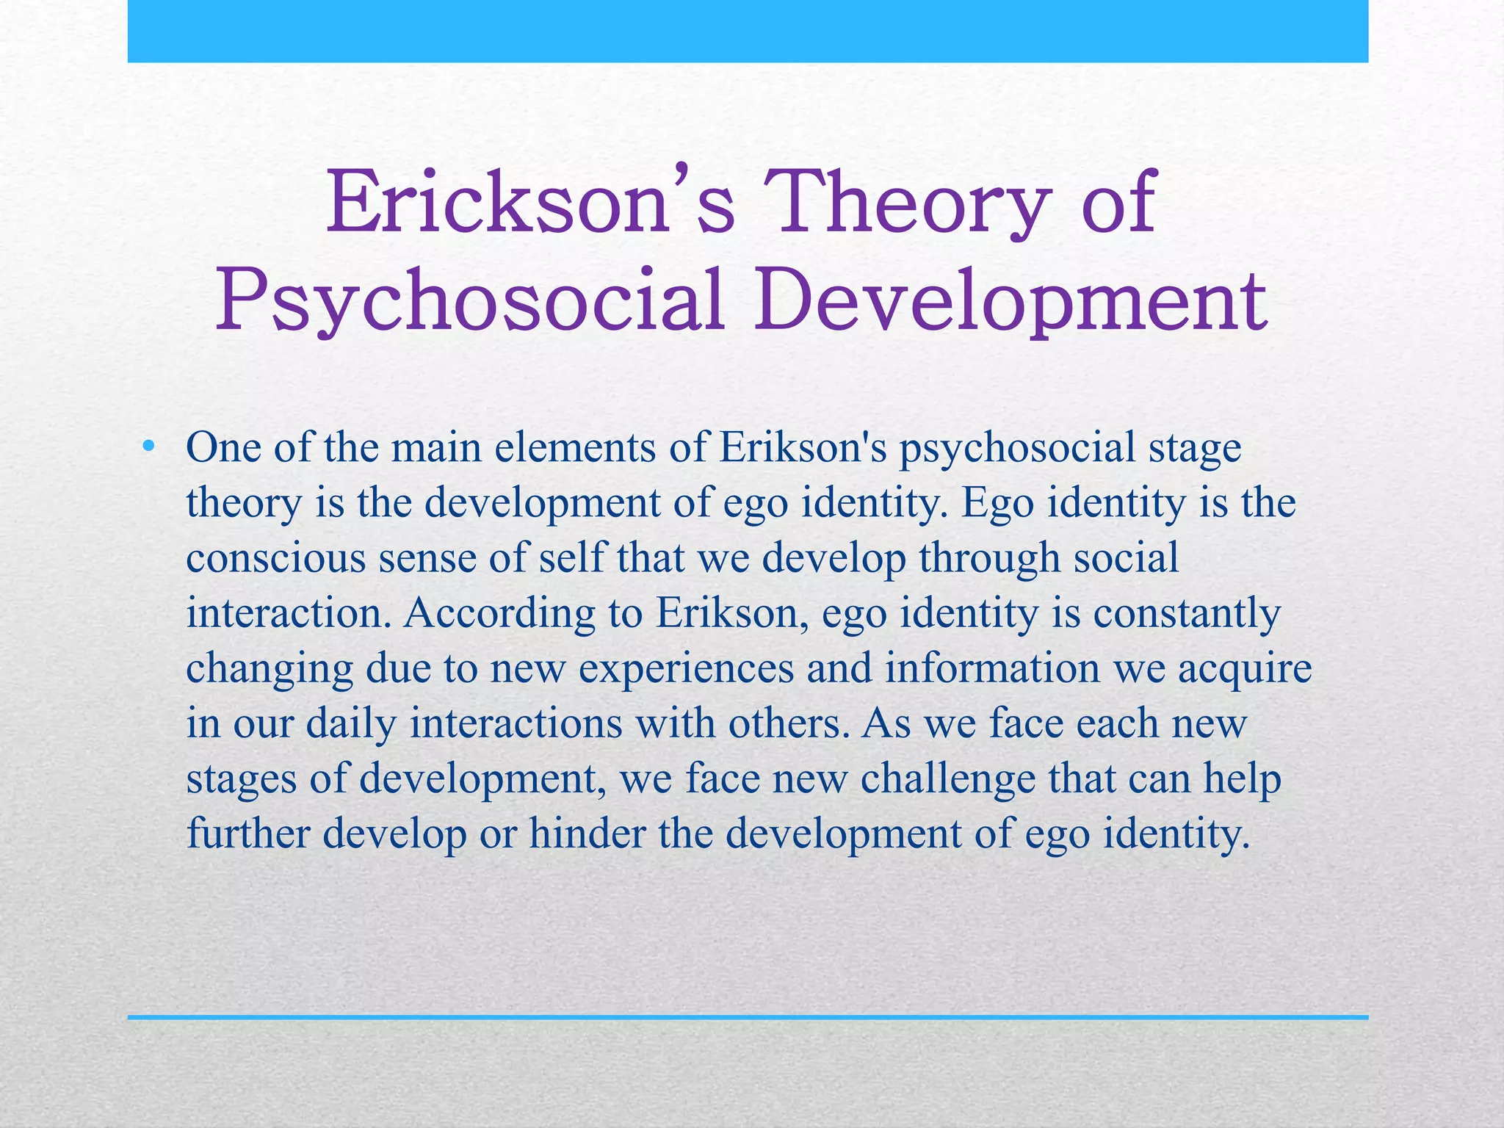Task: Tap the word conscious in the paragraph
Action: (276, 557)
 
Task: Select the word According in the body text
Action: (499, 612)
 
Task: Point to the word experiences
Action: (686, 669)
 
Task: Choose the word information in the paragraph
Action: (992, 668)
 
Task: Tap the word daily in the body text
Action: (351, 724)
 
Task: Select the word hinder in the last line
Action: (587, 833)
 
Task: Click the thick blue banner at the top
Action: (748, 31)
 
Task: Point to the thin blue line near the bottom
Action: (748, 1017)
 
